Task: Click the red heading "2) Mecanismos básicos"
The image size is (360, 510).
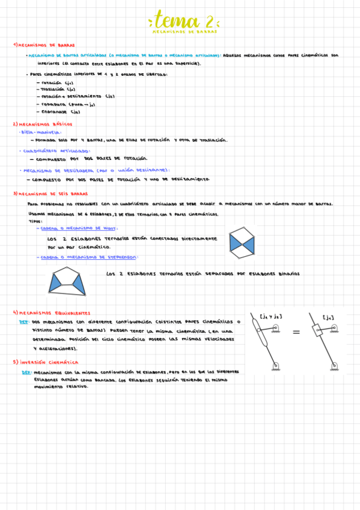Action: point(43,123)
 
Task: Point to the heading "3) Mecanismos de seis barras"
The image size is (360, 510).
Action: point(50,194)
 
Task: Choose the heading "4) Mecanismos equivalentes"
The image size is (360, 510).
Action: point(52,313)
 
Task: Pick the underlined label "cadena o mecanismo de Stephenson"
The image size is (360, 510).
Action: point(87,257)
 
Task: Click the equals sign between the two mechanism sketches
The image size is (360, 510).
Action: point(296,332)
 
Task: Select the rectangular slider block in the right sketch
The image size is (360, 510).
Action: point(319,331)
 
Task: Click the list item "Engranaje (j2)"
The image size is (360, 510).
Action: point(59,111)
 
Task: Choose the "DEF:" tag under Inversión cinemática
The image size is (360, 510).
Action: point(26,372)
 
